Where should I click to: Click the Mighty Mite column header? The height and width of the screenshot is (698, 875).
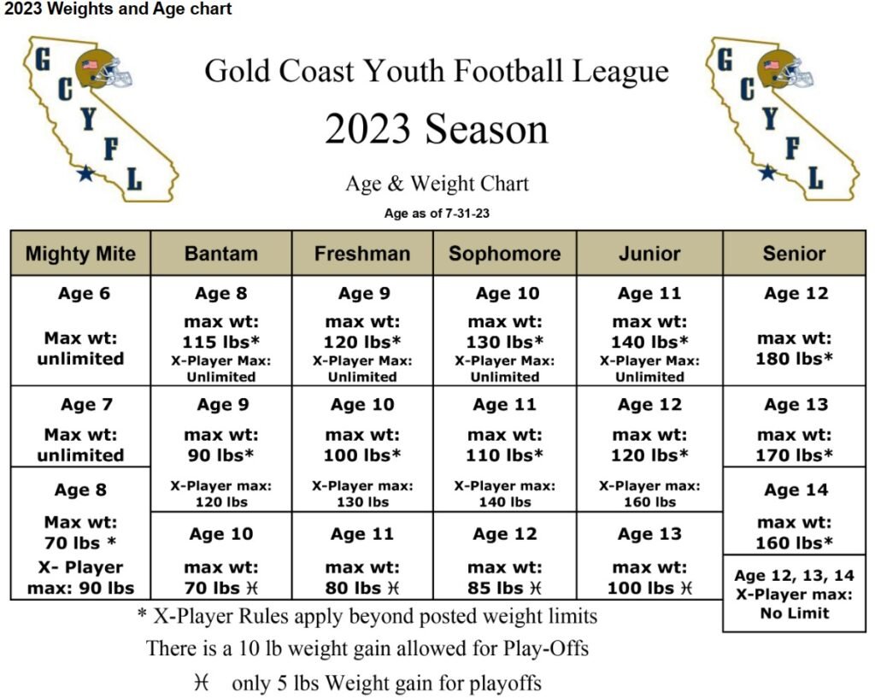tap(80, 254)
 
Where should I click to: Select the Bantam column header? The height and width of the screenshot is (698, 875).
tap(221, 254)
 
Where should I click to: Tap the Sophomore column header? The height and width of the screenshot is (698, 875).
tap(504, 254)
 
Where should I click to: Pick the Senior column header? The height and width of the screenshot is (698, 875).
tap(794, 254)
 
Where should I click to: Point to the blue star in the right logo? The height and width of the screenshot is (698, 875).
tap(768, 172)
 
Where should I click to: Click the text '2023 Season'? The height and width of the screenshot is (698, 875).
tap(437, 130)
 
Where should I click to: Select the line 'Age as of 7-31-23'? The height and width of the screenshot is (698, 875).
tap(437, 213)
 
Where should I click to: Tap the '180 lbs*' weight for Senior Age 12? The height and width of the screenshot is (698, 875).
tap(794, 359)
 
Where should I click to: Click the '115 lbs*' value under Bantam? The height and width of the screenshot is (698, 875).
tap(221, 342)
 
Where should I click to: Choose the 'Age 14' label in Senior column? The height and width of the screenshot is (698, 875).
tap(796, 490)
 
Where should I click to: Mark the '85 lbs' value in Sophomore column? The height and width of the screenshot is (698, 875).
tap(495, 588)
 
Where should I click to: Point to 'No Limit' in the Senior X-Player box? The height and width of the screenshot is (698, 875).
tap(795, 613)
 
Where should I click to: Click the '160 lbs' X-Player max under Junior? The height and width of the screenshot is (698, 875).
tap(649, 502)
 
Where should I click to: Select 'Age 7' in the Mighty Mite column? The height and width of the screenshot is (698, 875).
tap(86, 404)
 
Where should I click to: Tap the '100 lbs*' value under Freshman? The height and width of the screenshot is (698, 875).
tap(362, 455)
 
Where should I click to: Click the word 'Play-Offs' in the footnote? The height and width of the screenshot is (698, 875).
tap(546, 649)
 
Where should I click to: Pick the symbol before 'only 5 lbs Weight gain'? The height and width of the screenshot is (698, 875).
tap(202, 682)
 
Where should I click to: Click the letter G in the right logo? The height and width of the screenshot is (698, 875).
tap(725, 60)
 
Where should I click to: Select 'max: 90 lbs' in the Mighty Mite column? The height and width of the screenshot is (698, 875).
tap(80, 588)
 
